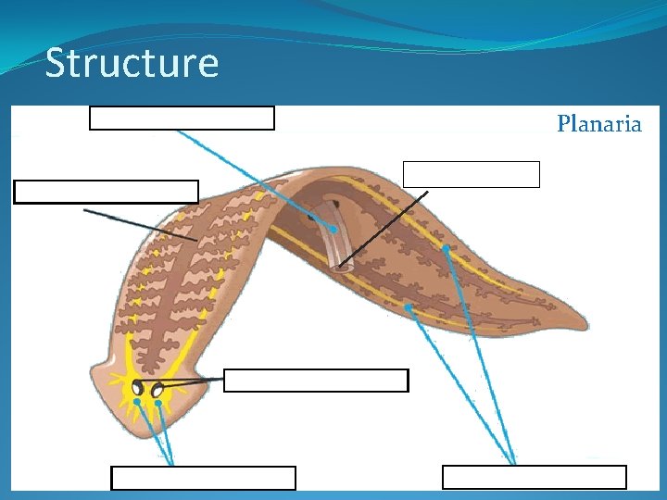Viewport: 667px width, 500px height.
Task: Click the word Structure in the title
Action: pos(132,64)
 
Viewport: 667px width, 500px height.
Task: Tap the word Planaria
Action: pos(598,124)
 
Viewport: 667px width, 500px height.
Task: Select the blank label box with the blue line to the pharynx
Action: pos(182,118)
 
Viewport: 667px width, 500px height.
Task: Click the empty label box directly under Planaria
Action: pos(472,174)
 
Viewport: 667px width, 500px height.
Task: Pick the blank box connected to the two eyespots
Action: pos(316,381)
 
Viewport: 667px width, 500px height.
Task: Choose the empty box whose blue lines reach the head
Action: pos(203,478)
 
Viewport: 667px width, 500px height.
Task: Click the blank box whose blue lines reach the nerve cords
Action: pos(535,477)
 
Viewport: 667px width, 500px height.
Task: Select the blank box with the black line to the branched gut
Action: pos(107,191)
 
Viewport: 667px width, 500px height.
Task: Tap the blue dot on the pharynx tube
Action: pos(332,228)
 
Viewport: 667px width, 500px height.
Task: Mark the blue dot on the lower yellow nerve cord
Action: pos(409,306)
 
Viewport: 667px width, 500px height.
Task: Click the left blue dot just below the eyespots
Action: pos(137,402)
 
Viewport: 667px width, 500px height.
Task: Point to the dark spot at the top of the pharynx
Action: pos(336,203)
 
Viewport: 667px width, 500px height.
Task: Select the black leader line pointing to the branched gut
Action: pos(139,225)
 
